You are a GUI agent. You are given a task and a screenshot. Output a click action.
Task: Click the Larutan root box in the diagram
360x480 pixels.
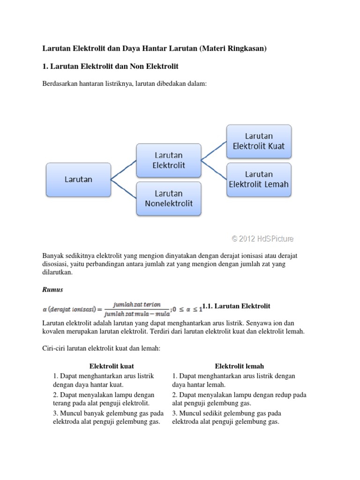[x=78, y=179]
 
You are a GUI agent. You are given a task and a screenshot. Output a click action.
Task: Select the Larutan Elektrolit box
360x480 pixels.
[x=169, y=160]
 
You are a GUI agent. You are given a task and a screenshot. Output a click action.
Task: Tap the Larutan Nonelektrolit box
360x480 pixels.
[x=169, y=198]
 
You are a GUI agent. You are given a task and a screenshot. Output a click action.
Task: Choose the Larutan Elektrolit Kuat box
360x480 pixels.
[x=259, y=141]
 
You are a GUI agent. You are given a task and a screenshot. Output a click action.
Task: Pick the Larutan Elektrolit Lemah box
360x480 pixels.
[x=259, y=179]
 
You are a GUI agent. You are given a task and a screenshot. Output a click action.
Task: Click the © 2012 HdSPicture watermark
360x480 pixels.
[x=262, y=239]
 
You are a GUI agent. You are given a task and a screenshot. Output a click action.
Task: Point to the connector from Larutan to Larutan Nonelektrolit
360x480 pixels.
[x=123, y=187]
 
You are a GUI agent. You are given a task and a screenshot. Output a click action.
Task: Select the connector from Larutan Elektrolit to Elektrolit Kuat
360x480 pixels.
[x=214, y=149]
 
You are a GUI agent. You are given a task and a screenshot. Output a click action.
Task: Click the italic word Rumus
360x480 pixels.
[x=52, y=290]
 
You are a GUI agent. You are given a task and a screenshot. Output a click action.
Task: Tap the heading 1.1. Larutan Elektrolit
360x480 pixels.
[x=236, y=306]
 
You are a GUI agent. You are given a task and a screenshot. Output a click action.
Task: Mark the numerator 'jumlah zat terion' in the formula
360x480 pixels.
[x=137, y=304]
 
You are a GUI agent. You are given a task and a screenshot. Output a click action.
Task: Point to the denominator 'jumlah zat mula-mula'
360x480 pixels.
[x=137, y=313]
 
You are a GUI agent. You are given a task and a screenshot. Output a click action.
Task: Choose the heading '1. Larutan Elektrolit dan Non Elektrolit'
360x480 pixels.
[x=111, y=67]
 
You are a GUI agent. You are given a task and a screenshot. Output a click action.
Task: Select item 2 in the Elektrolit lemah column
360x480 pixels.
[x=239, y=399]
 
